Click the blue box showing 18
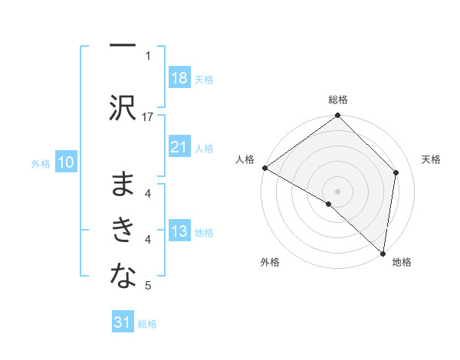click(179, 78)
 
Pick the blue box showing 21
click(179, 147)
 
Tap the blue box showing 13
click(179, 231)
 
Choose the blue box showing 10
click(66, 162)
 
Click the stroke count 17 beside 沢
click(148, 116)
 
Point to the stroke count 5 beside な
click(148, 286)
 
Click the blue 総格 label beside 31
click(147, 324)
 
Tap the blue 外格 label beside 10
click(41, 163)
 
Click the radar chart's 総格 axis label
click(338, 100)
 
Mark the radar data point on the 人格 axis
click(264, 168)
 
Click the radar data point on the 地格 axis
click(383, 253)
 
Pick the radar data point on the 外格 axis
click(329, 204)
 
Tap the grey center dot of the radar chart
click(338, 191)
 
